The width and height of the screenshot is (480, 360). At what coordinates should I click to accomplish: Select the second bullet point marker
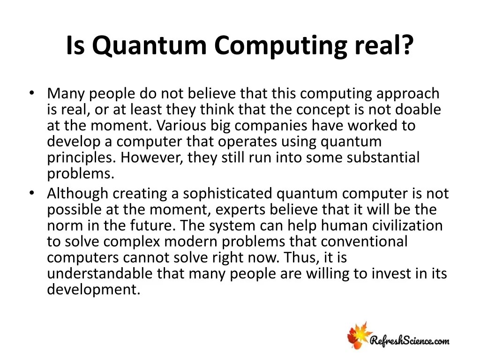31,193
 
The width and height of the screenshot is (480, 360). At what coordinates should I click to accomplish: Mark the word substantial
383,158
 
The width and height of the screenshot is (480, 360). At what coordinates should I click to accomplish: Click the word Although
77,194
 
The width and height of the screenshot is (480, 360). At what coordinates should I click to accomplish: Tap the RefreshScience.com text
410,340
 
